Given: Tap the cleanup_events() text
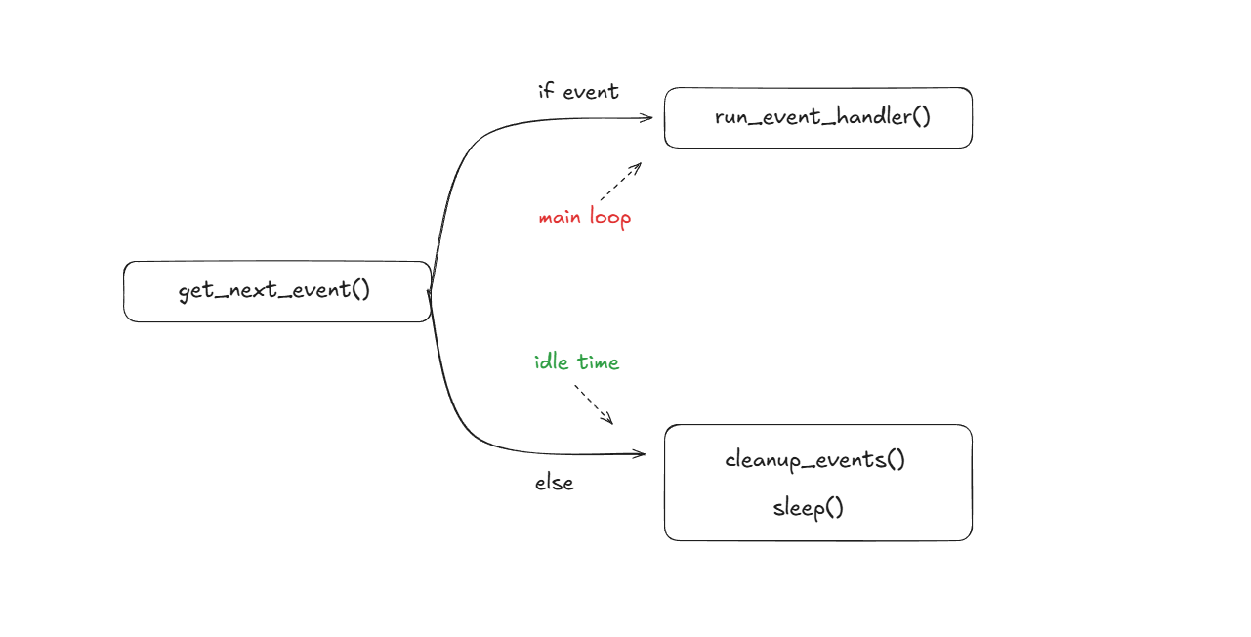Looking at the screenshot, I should point(815,459).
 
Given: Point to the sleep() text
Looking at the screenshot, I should point(808,508).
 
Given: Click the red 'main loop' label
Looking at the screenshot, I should point(584,217).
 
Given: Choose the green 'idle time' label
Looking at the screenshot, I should point(576,362).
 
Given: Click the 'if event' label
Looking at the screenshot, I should point(578,91).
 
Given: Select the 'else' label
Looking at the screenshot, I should point(554,482).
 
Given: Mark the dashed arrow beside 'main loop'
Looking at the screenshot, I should point(620,182).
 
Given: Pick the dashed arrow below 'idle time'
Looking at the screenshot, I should point(593,403).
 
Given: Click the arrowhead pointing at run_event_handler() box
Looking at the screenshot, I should point(646,117).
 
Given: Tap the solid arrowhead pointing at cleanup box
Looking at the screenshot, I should point(640,453).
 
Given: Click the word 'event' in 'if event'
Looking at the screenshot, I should point(591,92).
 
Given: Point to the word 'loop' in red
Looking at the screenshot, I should point(610,217).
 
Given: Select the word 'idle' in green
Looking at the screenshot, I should point(552,362).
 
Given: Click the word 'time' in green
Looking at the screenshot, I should point(598,362).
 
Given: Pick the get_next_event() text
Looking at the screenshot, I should point(274,291).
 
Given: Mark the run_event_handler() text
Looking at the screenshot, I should point(822,117).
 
